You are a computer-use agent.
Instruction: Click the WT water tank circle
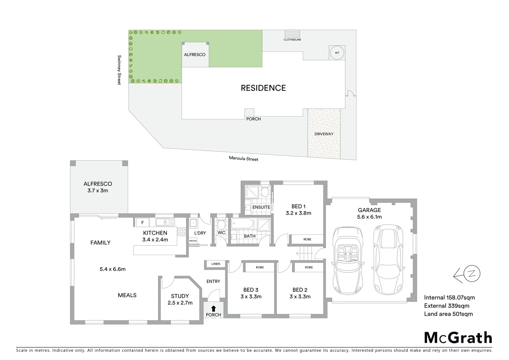pos(337,53)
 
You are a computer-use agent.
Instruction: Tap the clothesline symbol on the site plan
pos(292,34)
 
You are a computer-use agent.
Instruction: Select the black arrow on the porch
pos(213,308)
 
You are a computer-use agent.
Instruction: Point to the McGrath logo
pos(458,337)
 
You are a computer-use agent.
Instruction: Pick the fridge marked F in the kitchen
pos(143,222)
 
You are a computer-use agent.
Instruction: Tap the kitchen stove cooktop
pos(182,231)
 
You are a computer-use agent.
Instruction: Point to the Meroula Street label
pos(244,159)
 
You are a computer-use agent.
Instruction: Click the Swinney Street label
pos(119,70)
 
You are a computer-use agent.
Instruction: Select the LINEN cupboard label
pos(216,264)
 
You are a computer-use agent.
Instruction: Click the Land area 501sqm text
pos(448,314)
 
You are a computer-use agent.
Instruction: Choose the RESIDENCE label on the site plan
pos(263,88)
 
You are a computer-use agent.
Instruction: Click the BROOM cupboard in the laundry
pos(193,241)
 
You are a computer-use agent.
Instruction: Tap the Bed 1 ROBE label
pos(307,239)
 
